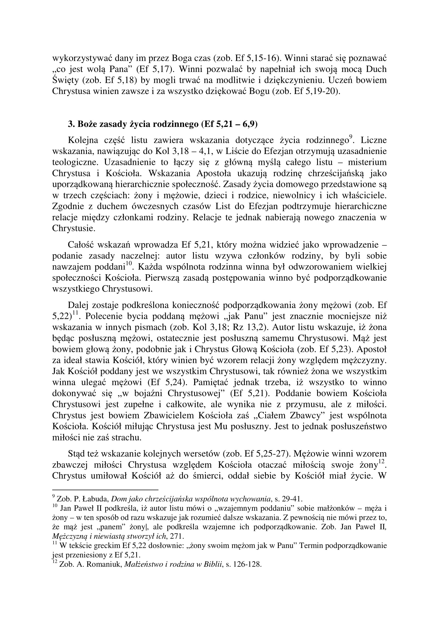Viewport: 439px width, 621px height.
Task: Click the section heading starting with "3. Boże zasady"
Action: [163, 124]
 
